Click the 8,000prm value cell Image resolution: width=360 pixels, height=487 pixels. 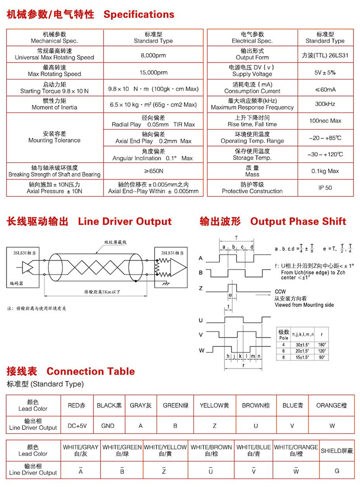153,54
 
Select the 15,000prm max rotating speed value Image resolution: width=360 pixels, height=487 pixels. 153,72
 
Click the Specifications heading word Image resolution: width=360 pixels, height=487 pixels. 138,14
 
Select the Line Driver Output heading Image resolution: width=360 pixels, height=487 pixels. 124,221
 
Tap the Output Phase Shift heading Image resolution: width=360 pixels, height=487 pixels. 298,221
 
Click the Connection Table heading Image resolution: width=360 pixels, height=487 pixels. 90,371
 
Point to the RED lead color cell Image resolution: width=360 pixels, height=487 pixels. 77,405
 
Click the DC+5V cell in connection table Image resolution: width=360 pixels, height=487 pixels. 77,426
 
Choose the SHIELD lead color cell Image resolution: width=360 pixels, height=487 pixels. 336,450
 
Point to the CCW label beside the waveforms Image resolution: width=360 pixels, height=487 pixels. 280,292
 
